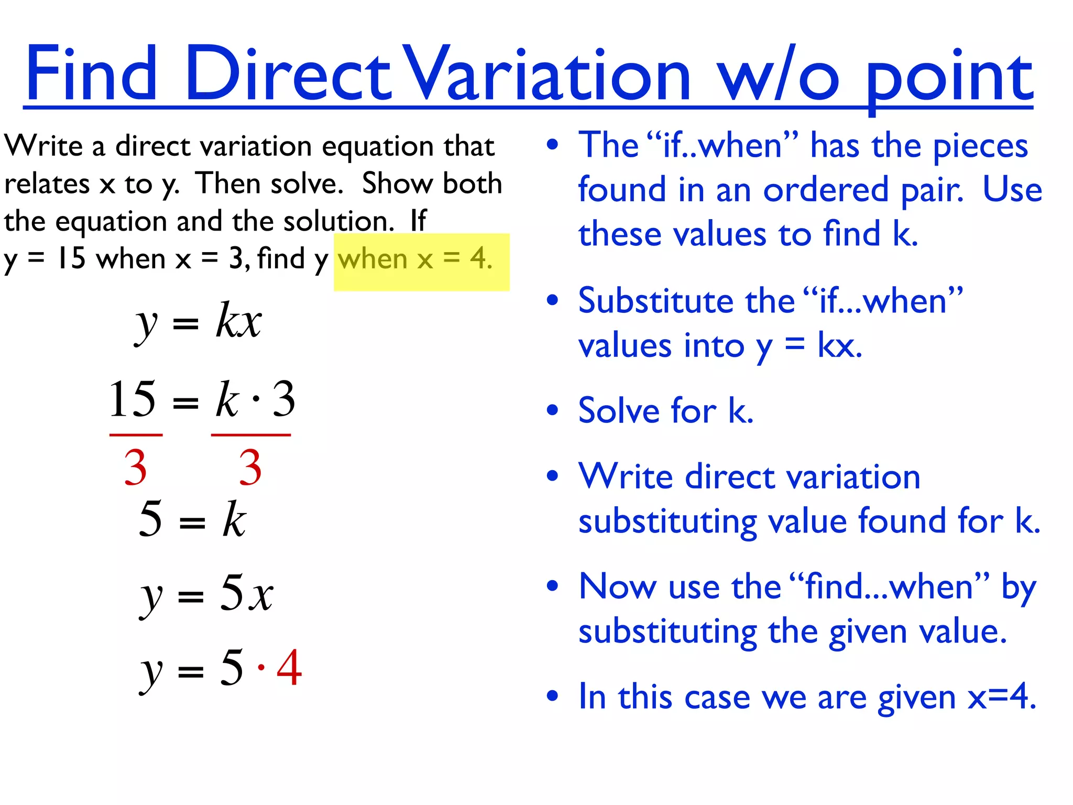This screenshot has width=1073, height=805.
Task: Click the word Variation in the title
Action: pyautogui.click(x=548, y=73)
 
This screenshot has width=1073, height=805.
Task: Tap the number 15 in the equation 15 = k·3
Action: pyautogui.click(x=132, y=399)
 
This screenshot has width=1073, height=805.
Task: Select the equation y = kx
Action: pyautogui.click(x=198, y=321)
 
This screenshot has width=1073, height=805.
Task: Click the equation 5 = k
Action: pyautogui.click(x=192, y=519)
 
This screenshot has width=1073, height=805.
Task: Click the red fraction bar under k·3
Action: pyautogui.click(x=250, y=435)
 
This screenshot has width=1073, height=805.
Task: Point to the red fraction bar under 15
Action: pyautogui.click(x=136, y=435)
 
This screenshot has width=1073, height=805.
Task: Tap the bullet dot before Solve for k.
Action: pyautogui.click(x=552, y=410)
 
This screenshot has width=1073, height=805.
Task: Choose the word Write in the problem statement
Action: pyautogui.click(x=43, y=146)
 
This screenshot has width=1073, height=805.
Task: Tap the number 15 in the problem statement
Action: pyautogui.click(x=71, y=258)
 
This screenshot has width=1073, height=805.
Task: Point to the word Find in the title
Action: pyautogui.click(x=91, y=73)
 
